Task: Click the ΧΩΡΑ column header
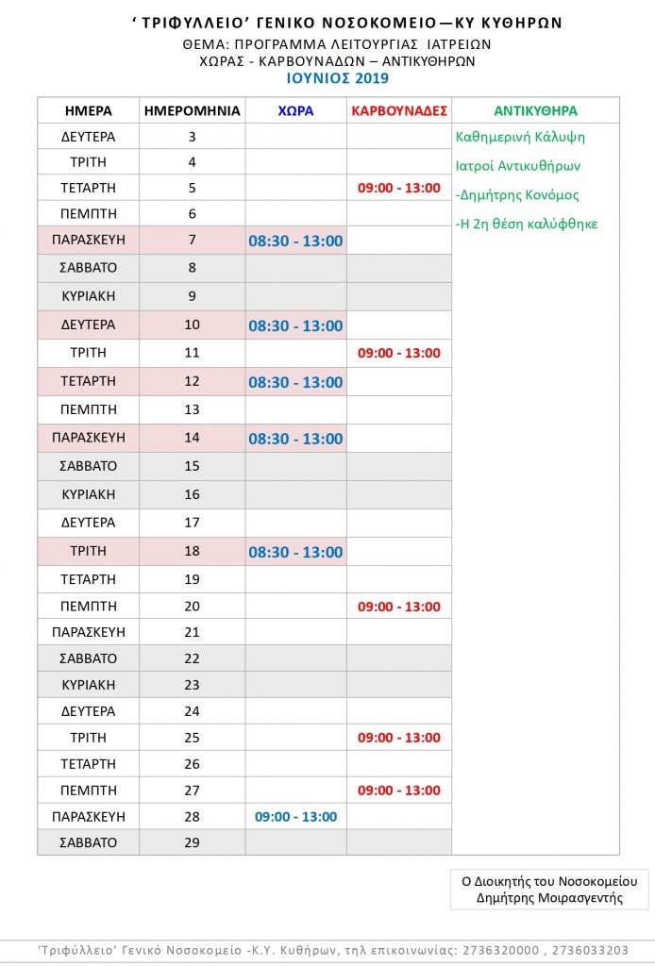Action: click(295, 110)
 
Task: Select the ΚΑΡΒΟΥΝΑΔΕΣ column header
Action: click(398, 110)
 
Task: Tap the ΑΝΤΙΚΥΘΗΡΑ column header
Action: click(535, 110)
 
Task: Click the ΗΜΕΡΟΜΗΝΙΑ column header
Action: click(192, 110)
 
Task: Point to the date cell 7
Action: click(192, 240)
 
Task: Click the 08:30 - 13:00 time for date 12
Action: click(295, 382)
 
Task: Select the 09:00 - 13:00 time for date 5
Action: click(398, 188)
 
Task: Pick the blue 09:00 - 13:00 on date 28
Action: click(295, 816)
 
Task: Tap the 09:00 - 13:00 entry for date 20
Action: click(398, 607)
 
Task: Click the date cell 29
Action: click(192, 842)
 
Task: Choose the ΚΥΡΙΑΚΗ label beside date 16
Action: click(89, 494)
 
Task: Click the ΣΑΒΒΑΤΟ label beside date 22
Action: click(89, 658)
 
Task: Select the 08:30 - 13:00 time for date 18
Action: click(295, 552)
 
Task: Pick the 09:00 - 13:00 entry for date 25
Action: click(398, 738)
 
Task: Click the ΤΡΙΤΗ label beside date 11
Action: click(89, 353)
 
